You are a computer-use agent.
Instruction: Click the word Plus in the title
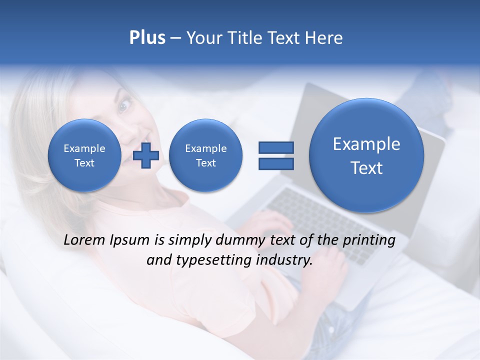pyautogui.click(x=147, y=38)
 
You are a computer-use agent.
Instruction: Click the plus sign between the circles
pyautogui.click(x=146, y=155)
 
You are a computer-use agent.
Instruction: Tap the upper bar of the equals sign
pyautogui.click(x=275, y=147)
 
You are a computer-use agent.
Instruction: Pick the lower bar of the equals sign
pyautogui.click(x=275, y=163)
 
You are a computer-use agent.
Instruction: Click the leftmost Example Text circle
pyautogui.click(x=84, y=155)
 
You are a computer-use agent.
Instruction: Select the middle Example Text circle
pyautogui.click(x=205, y=155)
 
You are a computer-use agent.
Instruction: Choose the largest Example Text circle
pyautogui.click(x=366, y=155)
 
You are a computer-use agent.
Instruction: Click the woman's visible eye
pyautogui.click(x=124, y=105)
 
